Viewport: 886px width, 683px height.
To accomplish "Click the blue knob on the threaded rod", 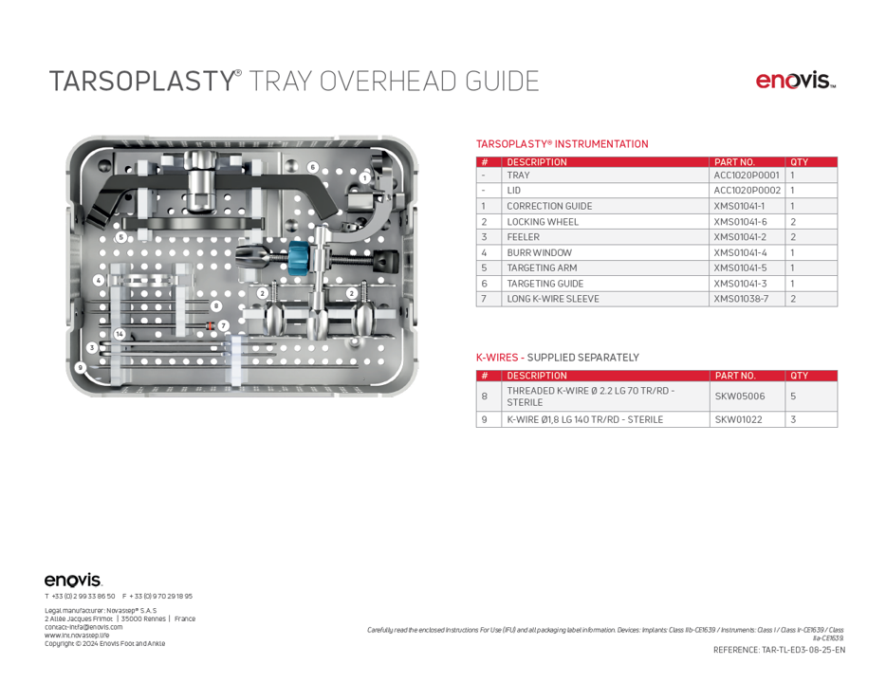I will (x=299, y=257).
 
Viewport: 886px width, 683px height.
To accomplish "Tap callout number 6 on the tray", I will (x=312, y=167).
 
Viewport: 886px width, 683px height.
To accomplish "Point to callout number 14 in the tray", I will (x=120, y=334).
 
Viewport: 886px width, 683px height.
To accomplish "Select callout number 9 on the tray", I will (x=81, y=366).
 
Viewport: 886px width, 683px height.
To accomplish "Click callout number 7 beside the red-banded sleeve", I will (x=224, y=325).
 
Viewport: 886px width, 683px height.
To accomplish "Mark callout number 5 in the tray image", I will (x=120, y=236).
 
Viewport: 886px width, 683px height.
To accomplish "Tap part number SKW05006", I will (x=740, y=396).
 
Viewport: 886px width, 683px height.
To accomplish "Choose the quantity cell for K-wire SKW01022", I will (x=793, y=418).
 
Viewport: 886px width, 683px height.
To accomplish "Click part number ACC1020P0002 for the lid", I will (x=747, y=191).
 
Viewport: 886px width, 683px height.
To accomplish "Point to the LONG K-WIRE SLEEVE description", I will (x=552, y=299).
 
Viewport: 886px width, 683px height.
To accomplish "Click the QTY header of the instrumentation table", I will (x=799, y=162).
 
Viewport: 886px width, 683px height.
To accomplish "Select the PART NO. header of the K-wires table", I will (x=735, y=376).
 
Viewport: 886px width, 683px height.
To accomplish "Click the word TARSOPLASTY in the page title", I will (x=141, y=82).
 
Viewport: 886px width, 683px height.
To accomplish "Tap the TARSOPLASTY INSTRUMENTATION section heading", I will (x=562, y=144).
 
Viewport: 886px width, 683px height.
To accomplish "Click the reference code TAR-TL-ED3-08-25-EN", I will (x=779, y=650).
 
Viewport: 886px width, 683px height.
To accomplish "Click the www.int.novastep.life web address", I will (x=77, y=635).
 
